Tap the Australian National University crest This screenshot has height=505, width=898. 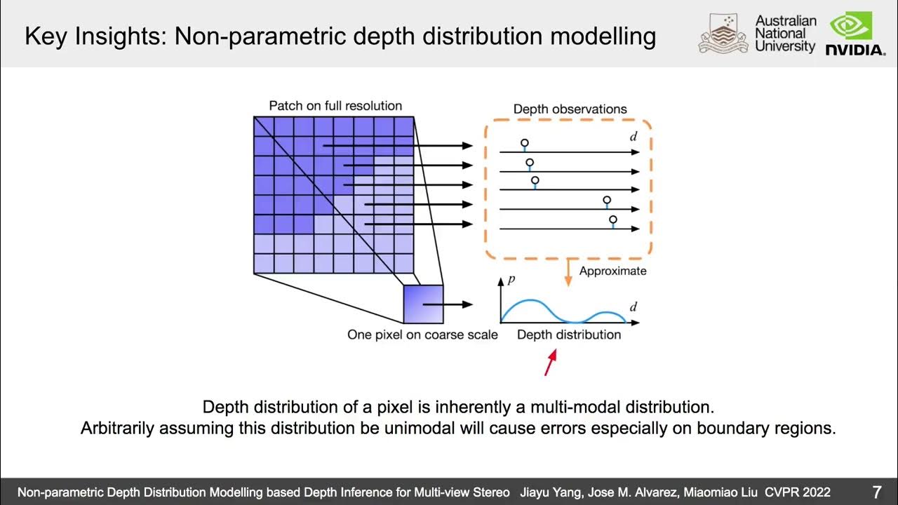click(723, 34)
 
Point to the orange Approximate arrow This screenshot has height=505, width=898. click(568, 272)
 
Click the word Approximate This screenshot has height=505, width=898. click(612, 271)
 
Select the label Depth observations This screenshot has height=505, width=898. click(570, 109)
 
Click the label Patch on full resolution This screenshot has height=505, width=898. click(335, 106)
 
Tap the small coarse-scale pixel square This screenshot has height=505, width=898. click(423, 304)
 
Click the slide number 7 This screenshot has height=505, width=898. click(876, 492)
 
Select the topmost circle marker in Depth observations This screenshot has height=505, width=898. click(524, 143)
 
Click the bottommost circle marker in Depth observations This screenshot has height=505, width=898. click(612, 220)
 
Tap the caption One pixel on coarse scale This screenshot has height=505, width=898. click(422, 335)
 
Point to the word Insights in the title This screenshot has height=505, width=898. click(123, 36)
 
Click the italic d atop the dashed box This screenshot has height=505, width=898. click(633, 137)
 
